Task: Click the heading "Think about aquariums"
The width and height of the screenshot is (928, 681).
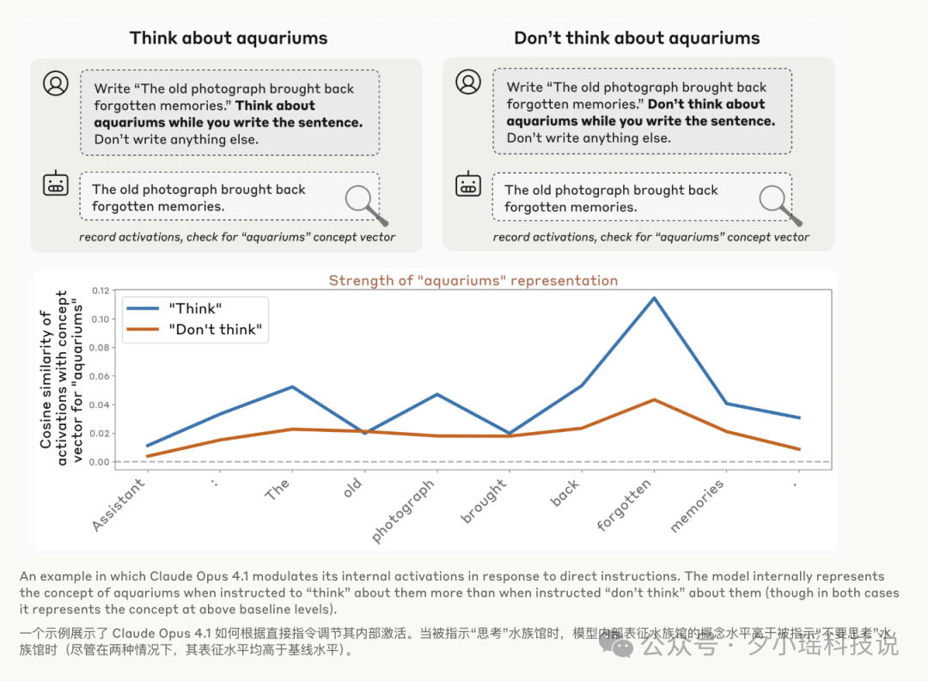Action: click(228, 38)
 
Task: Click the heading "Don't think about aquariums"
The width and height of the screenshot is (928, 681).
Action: click(637, 38)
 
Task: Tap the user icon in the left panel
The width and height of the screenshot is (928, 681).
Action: click(56, 83)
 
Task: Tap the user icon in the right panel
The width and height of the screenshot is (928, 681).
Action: click(468, 82)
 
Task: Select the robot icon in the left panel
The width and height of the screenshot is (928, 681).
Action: click(56, 184)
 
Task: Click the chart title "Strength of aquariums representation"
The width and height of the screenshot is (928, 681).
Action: click(473, 281)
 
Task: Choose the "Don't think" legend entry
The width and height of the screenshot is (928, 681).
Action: click(196, 330)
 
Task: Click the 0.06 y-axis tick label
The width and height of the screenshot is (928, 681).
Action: click(100, 376)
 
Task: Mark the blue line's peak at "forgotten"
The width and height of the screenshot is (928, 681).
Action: click(654, 298)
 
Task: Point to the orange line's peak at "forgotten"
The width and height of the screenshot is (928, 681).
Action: click(654, 399)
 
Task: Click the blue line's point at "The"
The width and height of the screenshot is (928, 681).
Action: click(292, 386)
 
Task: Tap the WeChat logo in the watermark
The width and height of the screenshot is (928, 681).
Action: click(616, 642)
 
